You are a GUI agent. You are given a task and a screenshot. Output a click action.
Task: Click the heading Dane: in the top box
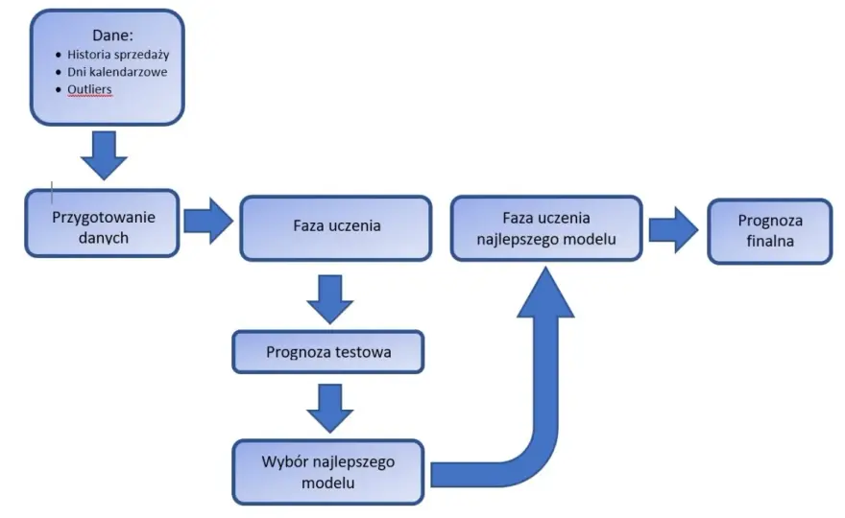pos(112,35)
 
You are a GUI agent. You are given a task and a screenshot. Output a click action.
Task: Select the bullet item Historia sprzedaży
pos(118,55)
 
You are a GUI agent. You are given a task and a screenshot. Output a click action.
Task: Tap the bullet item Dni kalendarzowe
pos(117,72)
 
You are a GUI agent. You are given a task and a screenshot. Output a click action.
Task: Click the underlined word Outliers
pos(89,89)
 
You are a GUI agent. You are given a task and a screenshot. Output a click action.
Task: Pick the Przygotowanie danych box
pos(102,224)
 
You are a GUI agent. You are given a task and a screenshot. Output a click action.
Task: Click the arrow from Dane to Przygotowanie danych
pos(104,155)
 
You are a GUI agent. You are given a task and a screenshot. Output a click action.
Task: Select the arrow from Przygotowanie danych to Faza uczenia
pos(208,221)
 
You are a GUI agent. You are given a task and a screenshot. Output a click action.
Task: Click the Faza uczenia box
pos(336,228)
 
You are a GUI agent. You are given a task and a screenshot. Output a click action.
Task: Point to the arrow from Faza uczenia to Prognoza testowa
pos(329,299)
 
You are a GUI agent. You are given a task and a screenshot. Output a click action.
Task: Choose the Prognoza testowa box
pos(328,352)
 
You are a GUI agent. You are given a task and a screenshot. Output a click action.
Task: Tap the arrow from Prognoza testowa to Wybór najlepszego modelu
pos(329,408)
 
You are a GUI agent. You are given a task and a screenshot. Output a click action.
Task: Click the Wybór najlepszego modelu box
pos(328,472)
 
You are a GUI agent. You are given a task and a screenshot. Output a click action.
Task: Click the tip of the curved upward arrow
pos(546,267)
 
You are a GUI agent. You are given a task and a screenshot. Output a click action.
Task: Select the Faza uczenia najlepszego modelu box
pos(546,228)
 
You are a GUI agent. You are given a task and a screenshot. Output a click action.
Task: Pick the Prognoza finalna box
pos(770,231)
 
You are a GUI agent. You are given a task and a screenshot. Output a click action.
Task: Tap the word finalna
pos(770,241)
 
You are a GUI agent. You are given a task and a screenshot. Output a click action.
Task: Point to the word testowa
pos(363,352)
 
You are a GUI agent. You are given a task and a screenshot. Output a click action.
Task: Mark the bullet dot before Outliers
pos(59,90)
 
